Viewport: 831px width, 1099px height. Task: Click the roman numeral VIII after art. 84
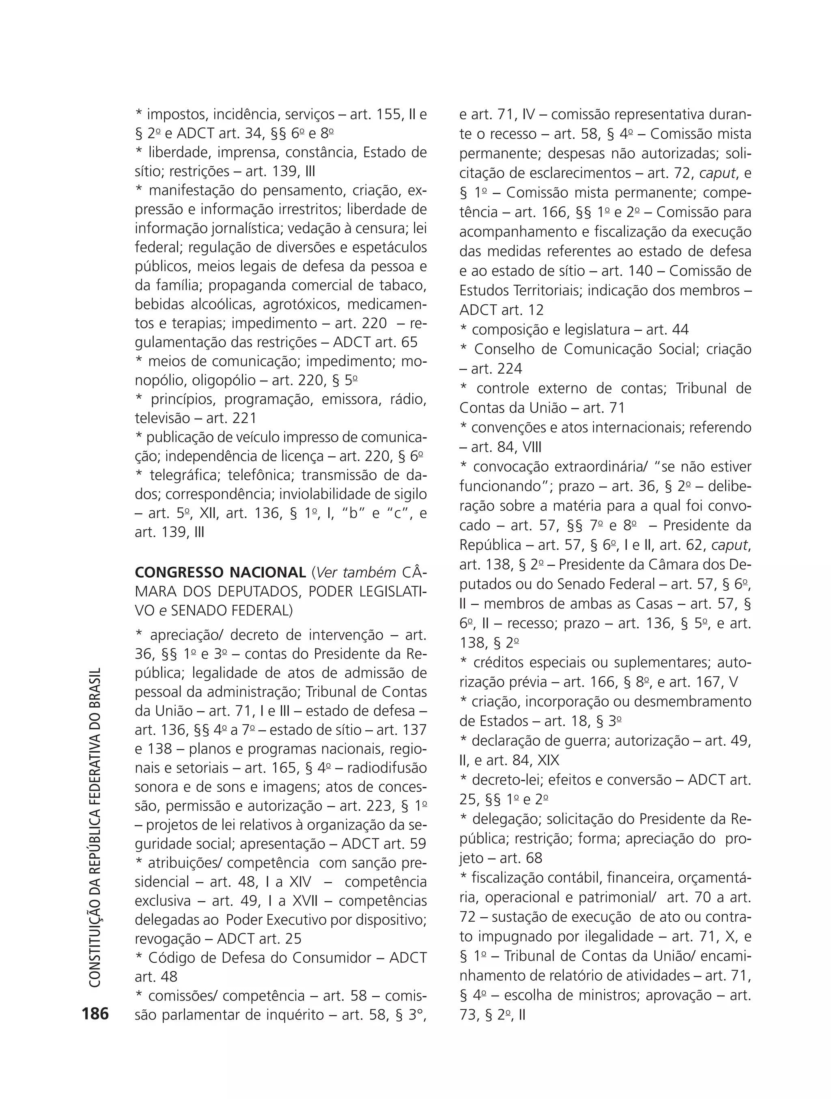pyautogui.click(x=532, y=447)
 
